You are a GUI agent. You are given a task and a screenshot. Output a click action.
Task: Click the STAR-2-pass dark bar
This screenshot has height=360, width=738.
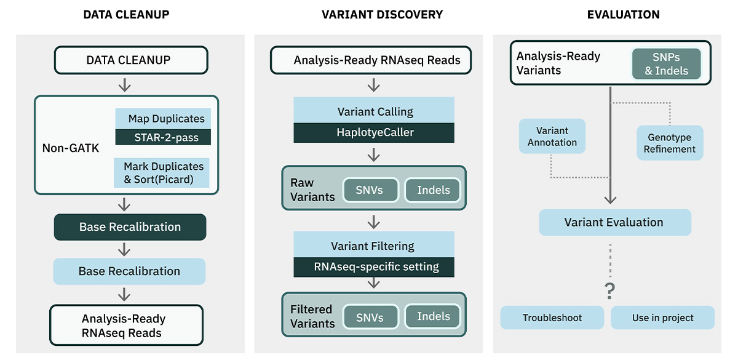(x=163, y=137)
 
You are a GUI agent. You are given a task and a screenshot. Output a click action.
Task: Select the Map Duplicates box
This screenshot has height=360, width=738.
(x=163, y=118)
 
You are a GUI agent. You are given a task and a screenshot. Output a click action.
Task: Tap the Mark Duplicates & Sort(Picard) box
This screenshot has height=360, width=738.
(x=161, y=173)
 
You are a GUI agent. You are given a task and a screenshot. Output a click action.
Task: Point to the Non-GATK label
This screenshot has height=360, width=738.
(x=71, y=148)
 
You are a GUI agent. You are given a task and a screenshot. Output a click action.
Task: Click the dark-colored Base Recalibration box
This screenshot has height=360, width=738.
(x=130, y=227)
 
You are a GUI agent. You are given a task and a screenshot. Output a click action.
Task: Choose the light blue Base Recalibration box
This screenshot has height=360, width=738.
(x=130, y=271)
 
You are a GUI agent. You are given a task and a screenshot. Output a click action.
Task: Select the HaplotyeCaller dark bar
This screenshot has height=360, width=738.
(x=374, y=132)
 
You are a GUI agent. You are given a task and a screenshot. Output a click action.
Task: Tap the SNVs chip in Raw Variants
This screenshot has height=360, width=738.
(x=370, y=190)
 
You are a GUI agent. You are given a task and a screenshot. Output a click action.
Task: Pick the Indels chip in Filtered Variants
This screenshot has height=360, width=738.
(x=433, y=316)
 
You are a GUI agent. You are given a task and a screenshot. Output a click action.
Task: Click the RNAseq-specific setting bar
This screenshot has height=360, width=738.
(x=374, y=267)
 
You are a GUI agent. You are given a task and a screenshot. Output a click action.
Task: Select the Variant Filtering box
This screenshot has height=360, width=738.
(x=374, y=245)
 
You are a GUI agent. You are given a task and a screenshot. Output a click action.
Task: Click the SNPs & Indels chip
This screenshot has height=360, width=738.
(x=666, y=63)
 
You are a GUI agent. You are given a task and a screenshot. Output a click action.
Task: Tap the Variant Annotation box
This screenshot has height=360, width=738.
(x=552, y=136)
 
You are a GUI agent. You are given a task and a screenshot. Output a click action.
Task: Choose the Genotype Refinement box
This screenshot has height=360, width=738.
(x=670, y=143)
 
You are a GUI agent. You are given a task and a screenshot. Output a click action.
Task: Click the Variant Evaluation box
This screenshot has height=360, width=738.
(x=615, y=222)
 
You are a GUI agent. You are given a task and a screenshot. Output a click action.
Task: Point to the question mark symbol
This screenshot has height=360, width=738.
(x=610, y=290)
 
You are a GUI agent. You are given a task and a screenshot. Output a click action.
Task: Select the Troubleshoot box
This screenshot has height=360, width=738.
(x=552, y=318)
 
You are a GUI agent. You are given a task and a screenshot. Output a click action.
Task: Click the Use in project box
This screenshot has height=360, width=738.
(x=662, y=318)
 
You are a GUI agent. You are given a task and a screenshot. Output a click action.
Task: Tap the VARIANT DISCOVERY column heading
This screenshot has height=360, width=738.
(x=382, y=15)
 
